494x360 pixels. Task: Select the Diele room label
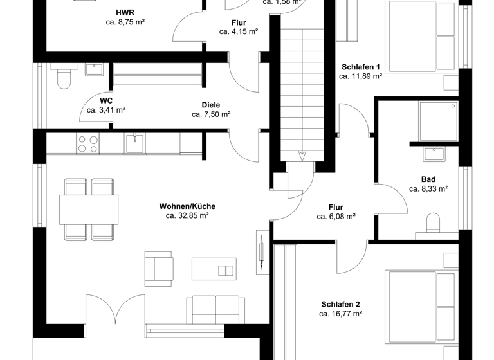[211, 105]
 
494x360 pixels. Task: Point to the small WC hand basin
[95, 69]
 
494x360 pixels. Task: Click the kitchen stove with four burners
[87, 143]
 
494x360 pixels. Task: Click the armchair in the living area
[159, 267]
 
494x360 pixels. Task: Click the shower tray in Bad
[438, 122]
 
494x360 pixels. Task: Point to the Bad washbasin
[434, 153]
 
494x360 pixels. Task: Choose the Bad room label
[428, 179]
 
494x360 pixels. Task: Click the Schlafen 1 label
[360, 66]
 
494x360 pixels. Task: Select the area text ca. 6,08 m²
[336, 217]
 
